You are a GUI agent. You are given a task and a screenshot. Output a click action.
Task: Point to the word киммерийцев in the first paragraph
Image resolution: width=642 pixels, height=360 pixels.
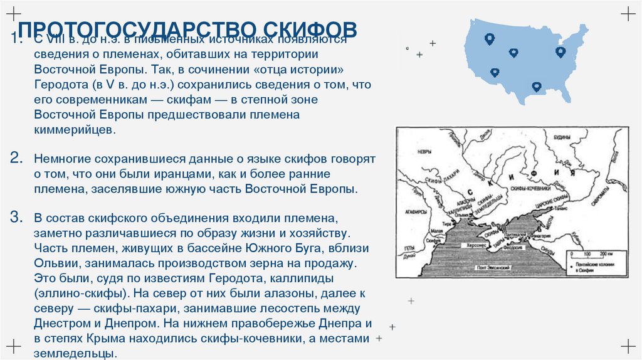[75, 129]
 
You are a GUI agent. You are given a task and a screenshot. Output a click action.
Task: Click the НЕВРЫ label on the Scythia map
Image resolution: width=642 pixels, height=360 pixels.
[424, 152]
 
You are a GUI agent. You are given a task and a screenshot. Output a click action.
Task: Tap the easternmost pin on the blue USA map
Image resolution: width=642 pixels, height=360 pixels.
[560, 51]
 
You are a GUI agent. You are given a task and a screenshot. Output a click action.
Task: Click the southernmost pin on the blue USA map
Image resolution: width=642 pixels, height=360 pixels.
[536, 87]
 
